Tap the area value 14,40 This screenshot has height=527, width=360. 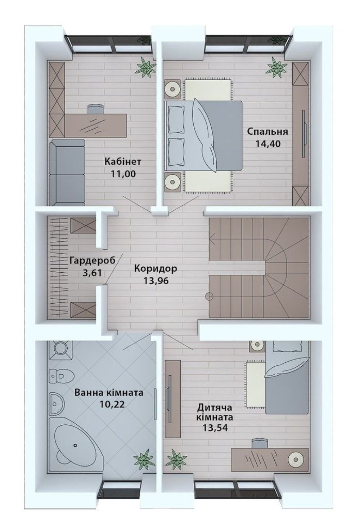268,144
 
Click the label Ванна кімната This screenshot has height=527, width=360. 109,393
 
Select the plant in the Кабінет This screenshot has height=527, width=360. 146,67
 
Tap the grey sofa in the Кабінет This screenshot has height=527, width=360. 67,173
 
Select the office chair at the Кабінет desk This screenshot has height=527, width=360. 96,108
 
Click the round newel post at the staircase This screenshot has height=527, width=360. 209,296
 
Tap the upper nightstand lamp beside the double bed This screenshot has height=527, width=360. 172,89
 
